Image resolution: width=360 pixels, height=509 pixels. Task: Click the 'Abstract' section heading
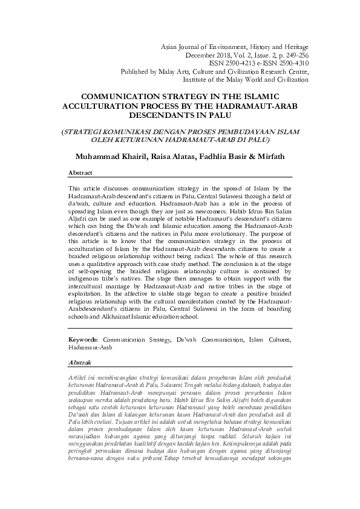click(80, 172)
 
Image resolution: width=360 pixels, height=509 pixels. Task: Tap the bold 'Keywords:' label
click(85, 340)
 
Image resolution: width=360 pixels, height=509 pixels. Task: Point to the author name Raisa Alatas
click(167, 157)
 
